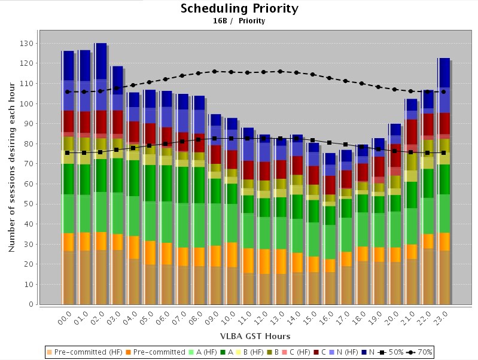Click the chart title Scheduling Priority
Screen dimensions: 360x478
239,9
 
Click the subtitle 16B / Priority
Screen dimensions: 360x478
239,21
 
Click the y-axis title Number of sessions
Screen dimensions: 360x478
12,167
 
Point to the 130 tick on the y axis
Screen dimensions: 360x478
26,43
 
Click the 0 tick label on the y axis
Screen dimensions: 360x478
30,304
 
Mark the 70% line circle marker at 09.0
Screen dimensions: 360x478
214,72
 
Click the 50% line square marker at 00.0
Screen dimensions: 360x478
68,153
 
